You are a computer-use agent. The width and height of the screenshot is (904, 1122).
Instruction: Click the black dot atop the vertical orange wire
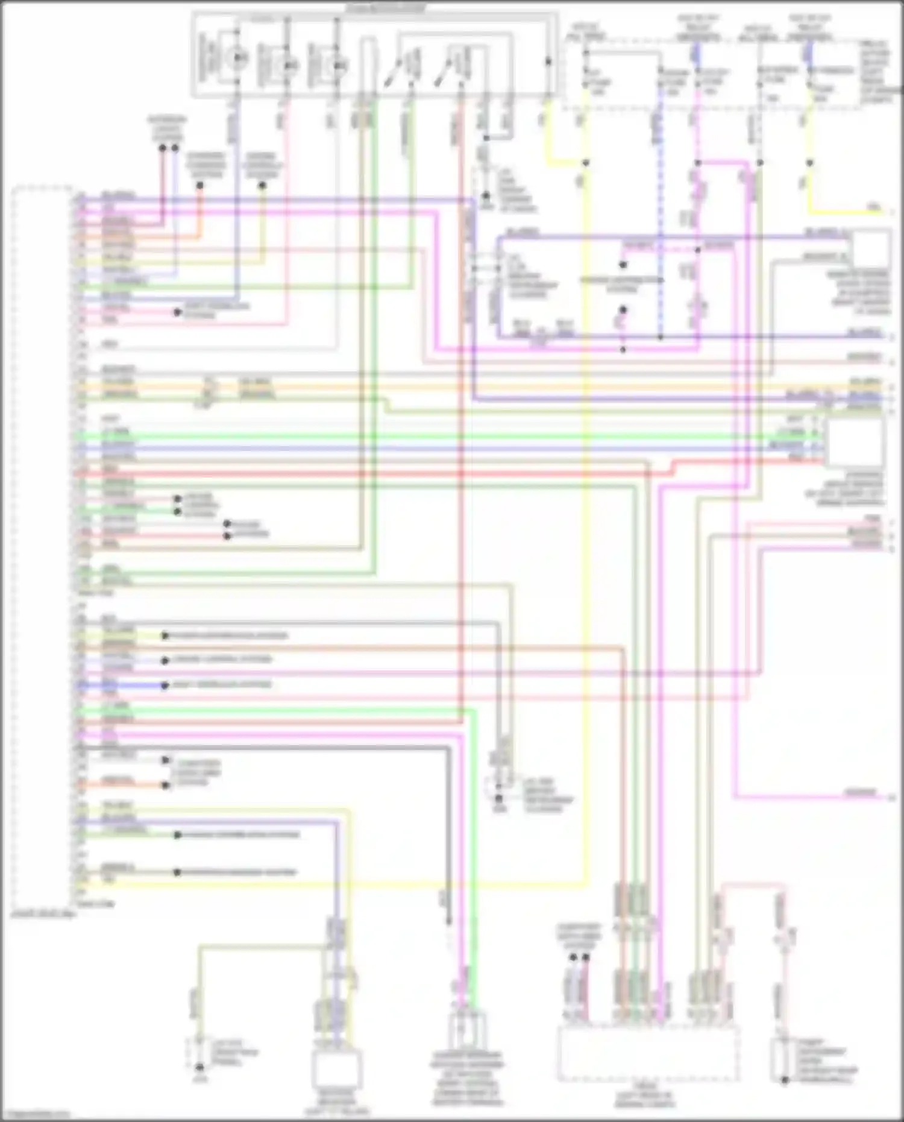[200, 186]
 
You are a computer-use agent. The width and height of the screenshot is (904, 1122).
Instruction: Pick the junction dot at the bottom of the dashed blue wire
[661, 338]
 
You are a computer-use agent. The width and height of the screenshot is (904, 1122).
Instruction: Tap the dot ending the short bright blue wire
[165, 685]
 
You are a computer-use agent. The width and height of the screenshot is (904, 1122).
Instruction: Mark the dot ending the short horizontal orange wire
[166, 785]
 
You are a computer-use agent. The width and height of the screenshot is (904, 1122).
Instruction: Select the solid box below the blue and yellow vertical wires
[337, 1068]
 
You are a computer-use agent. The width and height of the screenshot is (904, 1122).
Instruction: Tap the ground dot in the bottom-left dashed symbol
[199, 1068]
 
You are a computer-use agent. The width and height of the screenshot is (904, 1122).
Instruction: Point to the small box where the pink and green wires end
[467, 1032]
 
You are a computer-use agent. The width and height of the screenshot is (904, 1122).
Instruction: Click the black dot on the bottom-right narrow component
[785, 1080]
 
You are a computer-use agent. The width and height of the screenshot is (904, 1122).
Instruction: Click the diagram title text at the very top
[386, 8]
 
